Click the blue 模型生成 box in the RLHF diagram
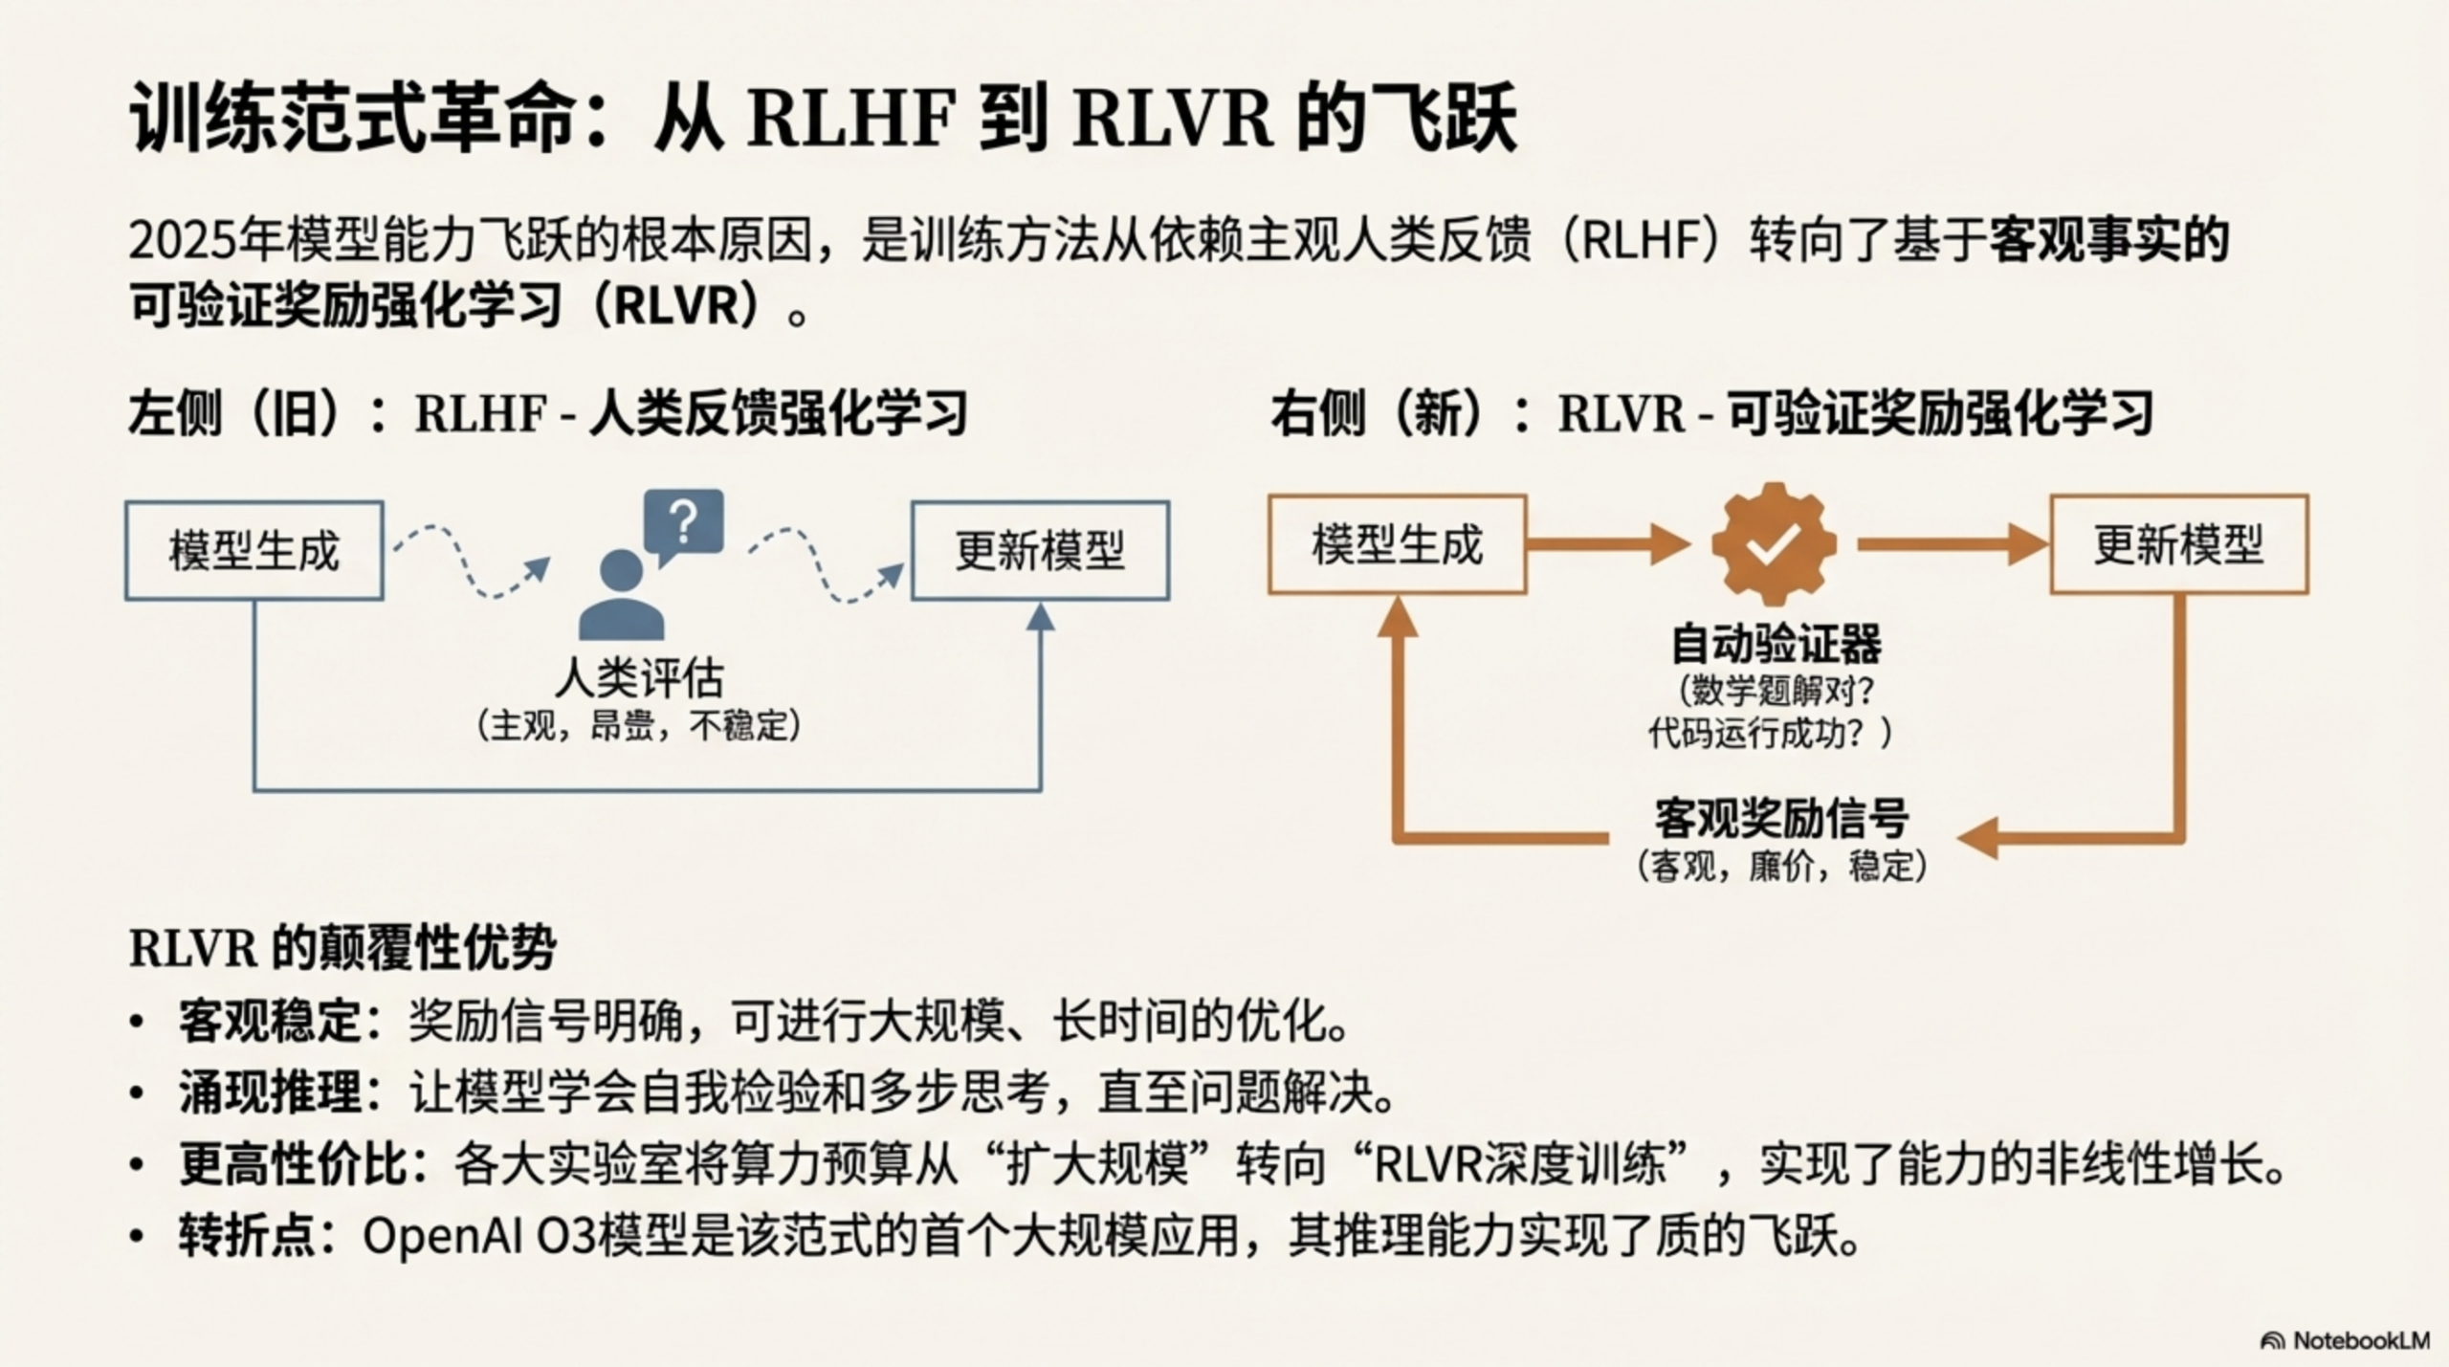click(254, 551)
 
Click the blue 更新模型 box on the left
click(1040, 551)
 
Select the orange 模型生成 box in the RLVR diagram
click(1397, 545)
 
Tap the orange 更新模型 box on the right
click(2178, 545)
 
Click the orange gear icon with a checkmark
click(1774, 543)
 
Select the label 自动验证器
click(1776, 644)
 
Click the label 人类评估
click(639, 678)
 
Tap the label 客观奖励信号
click(1781, 818)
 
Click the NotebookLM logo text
click(2360, 1340)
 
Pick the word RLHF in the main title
click(851, 120)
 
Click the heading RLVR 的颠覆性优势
click(342, 949)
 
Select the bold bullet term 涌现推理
click(271, 1092)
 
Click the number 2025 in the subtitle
click(182, 241)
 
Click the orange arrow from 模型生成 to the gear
click(1607, 544)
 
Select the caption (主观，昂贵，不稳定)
click(638, 727)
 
